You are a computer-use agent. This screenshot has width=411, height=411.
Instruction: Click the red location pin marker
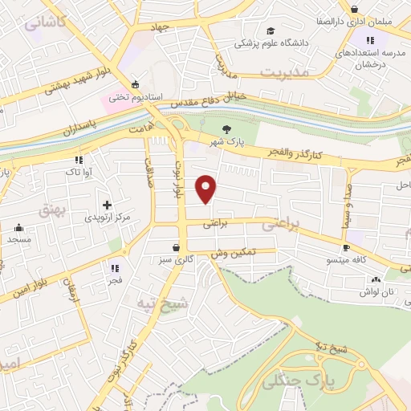[207, 189]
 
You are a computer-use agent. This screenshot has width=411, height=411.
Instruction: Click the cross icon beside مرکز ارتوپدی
[107, 205]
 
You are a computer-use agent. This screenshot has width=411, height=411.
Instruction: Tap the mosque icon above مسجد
[18, 227]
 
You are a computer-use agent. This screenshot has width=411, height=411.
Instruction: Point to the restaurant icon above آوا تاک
[78, 159]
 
